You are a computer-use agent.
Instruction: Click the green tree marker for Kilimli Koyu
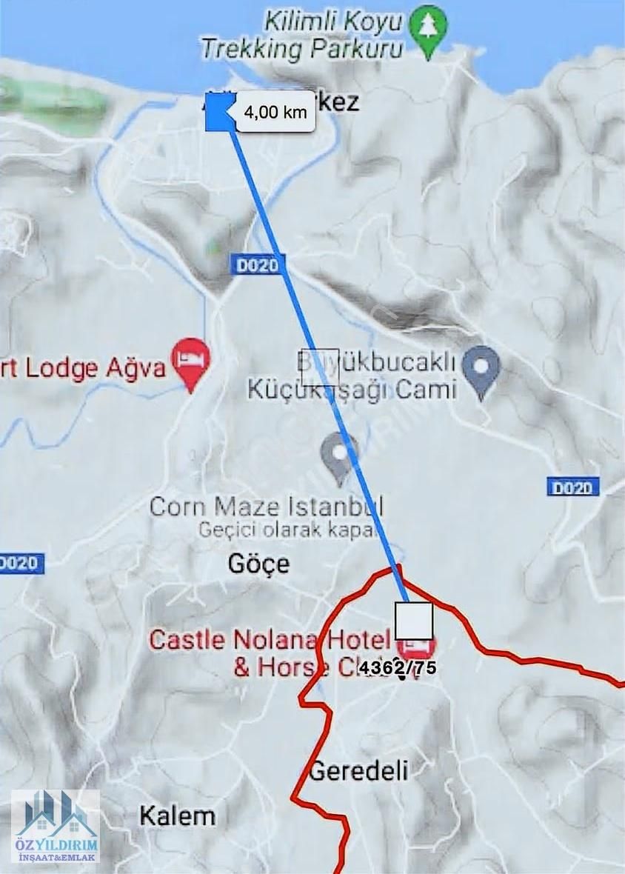tap(429, 28)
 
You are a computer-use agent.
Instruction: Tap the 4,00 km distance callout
tap(275, 113)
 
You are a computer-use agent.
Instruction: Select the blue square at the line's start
tap(220, 113)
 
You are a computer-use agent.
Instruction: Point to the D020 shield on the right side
tap(573, 487)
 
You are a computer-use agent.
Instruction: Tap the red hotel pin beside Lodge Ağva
tap(191, 360)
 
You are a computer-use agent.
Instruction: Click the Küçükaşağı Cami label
tap(351, 389)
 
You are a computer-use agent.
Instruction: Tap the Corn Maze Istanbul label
tap(267, 507)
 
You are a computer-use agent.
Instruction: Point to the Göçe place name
tap(258, 564)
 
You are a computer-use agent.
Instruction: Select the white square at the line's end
tap(413, 621)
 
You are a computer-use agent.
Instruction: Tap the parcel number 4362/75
tap(398, 667)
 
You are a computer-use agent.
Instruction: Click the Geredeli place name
tap(358, 771)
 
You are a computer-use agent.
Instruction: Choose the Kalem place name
tap(178, 816)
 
